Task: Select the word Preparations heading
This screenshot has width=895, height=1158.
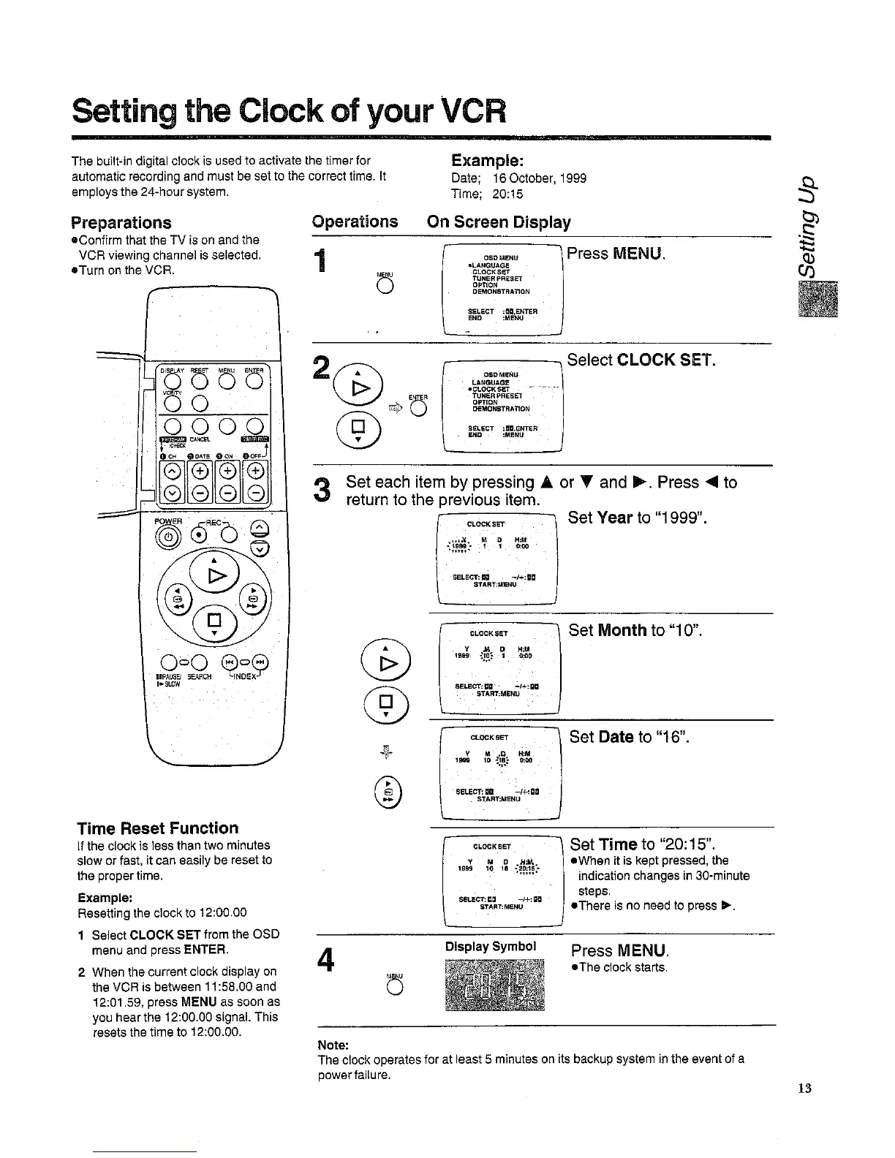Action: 121,222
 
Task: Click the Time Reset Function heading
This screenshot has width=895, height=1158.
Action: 158,828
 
